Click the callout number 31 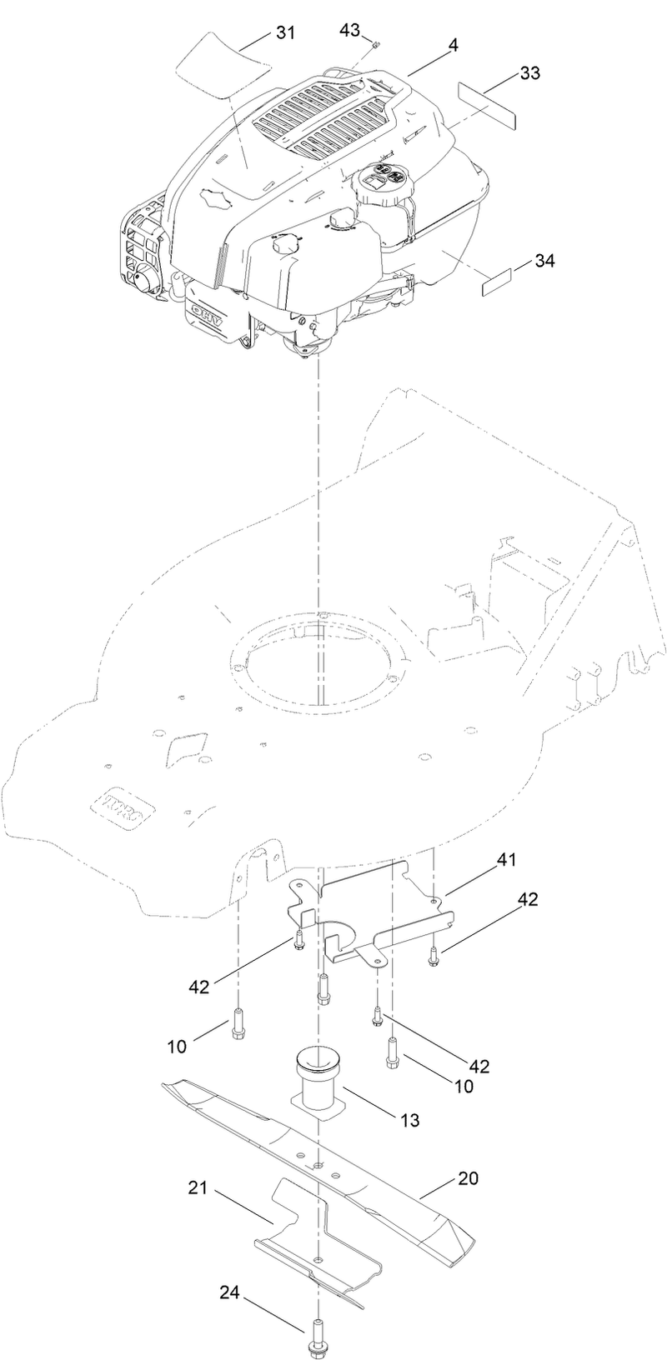click(x=285, y=32)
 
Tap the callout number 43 click(x=349, y=30)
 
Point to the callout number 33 click(x=529, y=73)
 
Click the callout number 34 click(x=544, y=260)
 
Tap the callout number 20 click(x=468, y=1179)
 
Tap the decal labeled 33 click(x=488, y=103)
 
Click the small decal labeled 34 click(x=499, y=282)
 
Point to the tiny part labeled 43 click(x=376, y=44)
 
